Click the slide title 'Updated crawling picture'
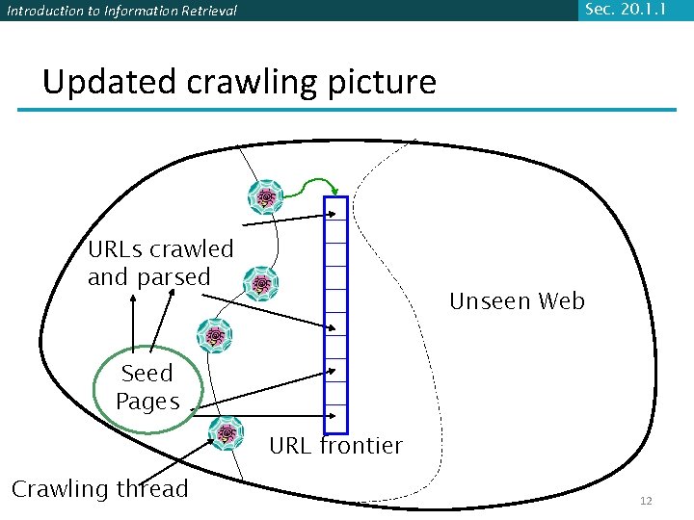(x=239, y=82)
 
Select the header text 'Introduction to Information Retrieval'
(x=120, y=12)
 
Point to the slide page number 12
(x=646, y=501)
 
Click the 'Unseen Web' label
(x=517, y=301)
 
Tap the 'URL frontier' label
(x=335, y=446)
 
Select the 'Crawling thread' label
(x=99, y=489)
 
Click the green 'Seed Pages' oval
(x=147, y=388)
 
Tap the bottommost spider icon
(x=227, y=434)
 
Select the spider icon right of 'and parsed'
(x=260, y=284)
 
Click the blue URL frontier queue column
(x=335, y=314)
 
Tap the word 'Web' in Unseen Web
(x=561, y=301)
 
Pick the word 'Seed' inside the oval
(x=147, y=374)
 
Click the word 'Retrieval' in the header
(x=205, y=12)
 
